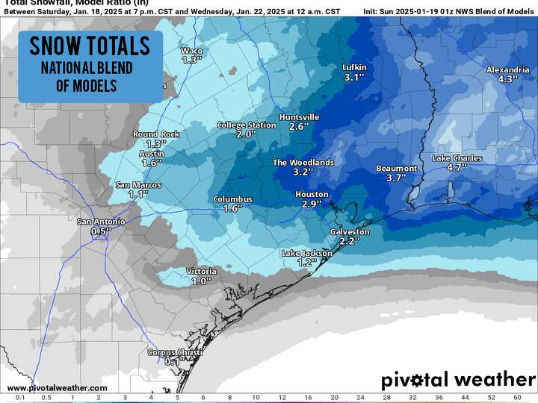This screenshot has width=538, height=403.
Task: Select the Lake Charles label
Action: (x=457, y=158)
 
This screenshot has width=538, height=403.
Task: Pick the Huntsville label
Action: (x=299, y=117)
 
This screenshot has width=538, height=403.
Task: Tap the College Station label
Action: (x=246, y=125)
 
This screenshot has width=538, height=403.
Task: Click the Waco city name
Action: (x=192, y=51)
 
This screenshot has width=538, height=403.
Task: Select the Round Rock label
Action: (x=156, y=134)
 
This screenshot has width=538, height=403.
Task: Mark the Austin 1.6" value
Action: (x=152, y=163)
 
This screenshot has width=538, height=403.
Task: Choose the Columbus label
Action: (x=233, y=199)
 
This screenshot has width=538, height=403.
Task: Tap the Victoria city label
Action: (x=201, y=272)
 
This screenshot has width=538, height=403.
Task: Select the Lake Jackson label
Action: (x=306, y=254)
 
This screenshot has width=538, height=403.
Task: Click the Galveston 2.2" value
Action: (x=350, y=241)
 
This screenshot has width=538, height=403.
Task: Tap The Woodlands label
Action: (x=303, y=162)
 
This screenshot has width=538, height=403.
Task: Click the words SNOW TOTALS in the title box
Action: (x=90, y=46)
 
